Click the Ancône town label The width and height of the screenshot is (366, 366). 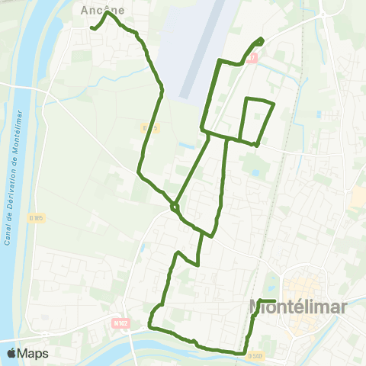click(97, 11)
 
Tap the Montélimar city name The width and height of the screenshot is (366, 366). click(298, 307)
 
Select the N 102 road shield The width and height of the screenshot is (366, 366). click(120, 324)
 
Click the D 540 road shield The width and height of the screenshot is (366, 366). click(255, 355)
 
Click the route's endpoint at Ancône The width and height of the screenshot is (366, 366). click(91, 29)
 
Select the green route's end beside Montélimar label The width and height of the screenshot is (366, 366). click(274, 300)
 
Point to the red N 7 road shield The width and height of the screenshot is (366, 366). click(253, 58)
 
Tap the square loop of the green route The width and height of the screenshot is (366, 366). click(257, 120)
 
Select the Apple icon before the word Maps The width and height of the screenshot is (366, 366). click(11, 353)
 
